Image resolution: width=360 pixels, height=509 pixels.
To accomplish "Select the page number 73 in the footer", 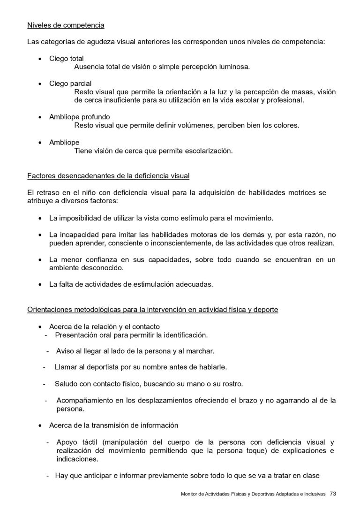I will click(333, 494).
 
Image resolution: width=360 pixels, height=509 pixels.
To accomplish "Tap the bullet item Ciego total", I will click(67, 58).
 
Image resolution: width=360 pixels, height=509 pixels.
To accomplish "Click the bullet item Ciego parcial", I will click(70, 84).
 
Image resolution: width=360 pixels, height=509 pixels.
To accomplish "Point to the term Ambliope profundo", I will click(80, 117).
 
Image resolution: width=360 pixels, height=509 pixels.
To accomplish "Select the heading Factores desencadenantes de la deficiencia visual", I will click(108, 176).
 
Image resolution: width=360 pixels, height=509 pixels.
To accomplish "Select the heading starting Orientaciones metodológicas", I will click(153, 310).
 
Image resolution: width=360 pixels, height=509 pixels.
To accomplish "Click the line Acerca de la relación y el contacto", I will click(105, 327).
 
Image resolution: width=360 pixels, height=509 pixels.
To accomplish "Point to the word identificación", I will click(182, 335).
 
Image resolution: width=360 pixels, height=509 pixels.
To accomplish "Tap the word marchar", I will click(202, 350).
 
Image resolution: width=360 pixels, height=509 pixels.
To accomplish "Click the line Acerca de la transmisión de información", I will click(114, 425).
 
